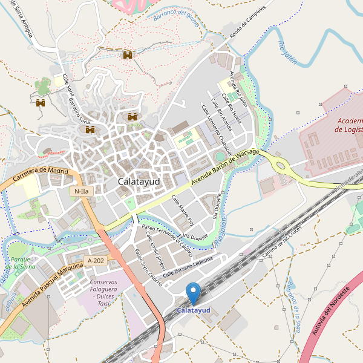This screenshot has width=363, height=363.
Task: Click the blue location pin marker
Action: [x=193, y=292]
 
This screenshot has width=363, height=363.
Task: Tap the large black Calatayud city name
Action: [x=139, y=181]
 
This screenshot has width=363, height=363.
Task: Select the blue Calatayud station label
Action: [x=193, y=310]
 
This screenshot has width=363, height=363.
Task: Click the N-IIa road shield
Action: [x=80, y=191]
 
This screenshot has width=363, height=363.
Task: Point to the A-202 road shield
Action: [x=96, y=261]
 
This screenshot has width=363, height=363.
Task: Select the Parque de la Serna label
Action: [x=22, y=263]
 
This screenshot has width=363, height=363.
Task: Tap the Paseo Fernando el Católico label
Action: [x=168, y=239]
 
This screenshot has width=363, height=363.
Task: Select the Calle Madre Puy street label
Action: [x=183, y=209]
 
